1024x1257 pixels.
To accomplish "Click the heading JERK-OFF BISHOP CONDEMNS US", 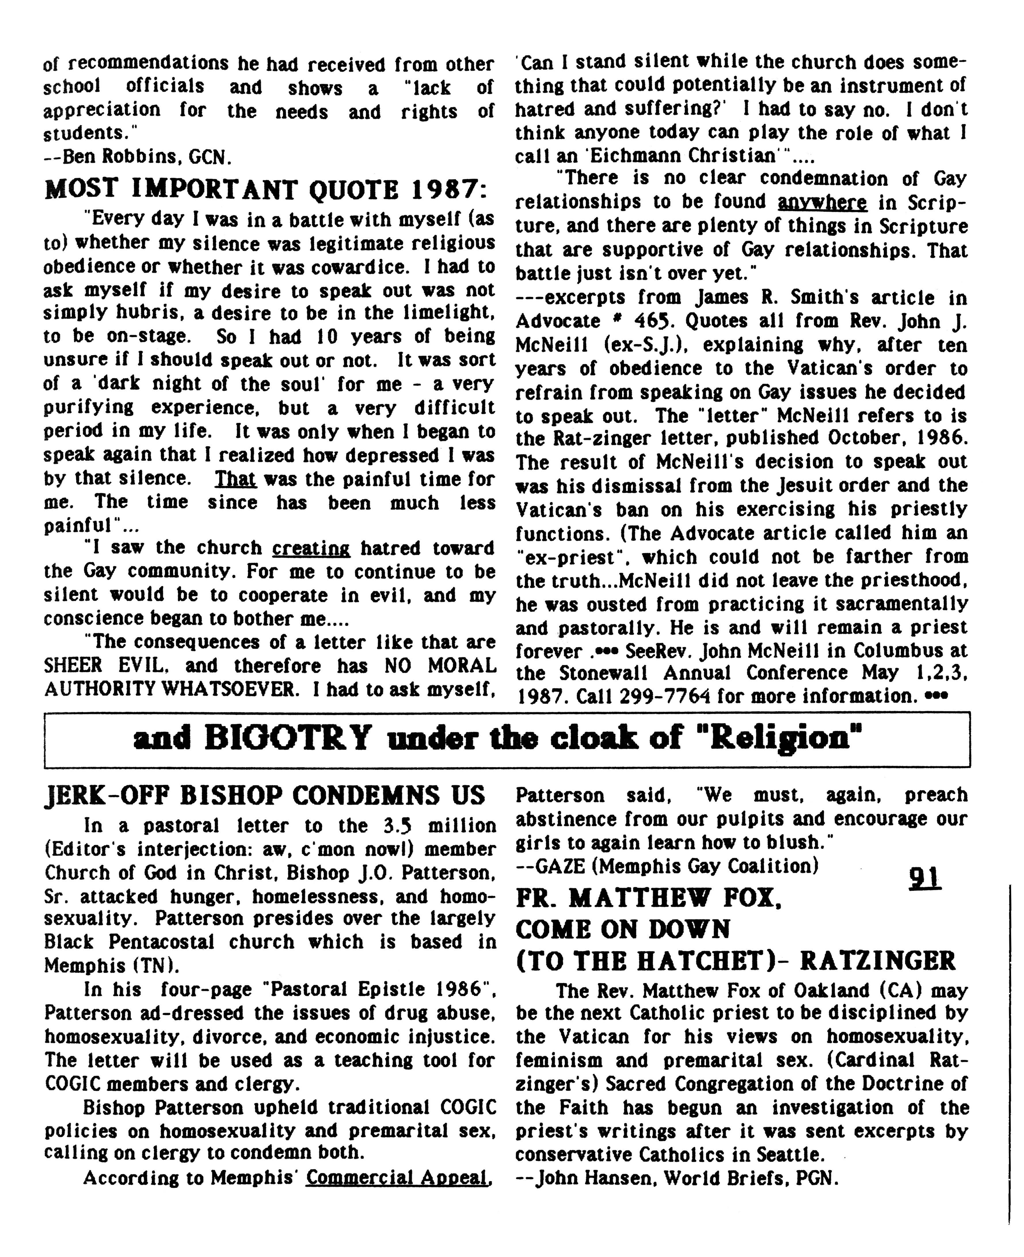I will (x=264, y=796).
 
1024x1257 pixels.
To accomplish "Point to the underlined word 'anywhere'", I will (x=822, y=202).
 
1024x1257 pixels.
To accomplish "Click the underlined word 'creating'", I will (x=311, y=548).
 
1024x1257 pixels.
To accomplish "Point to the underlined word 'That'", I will (x=235, y=478).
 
